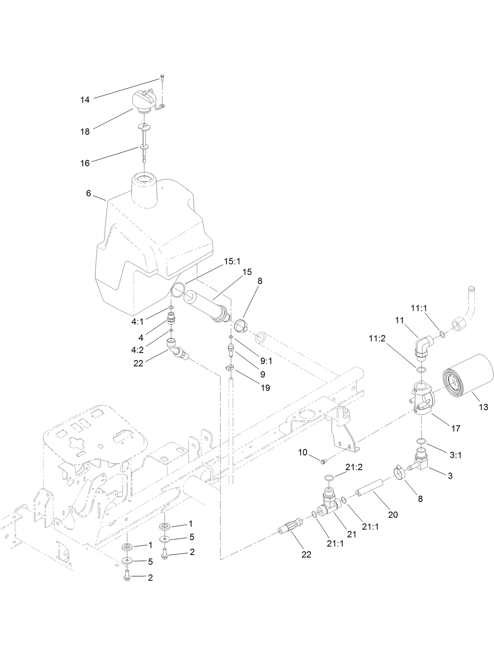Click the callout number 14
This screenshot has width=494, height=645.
pos(85,100)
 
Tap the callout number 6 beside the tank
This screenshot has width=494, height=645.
pos(88,193)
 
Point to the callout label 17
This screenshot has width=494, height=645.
pos(456,428)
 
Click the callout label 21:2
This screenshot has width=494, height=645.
pos(353,467)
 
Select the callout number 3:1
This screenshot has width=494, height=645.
pos(456,455)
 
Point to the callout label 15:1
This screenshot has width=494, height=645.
pos(232,261)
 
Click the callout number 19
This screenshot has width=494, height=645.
pos(265,388)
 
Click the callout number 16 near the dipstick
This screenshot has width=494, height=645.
pos(85,163)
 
